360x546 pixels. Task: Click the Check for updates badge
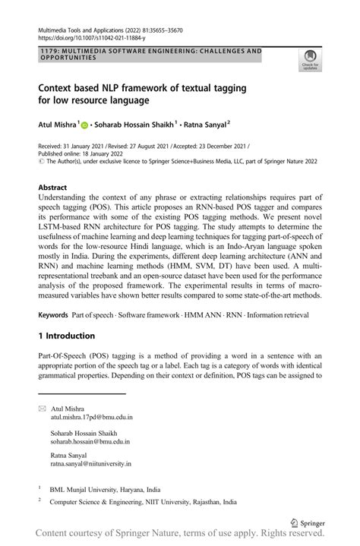pos(311,59)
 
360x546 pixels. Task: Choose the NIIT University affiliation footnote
pos(143,503)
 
